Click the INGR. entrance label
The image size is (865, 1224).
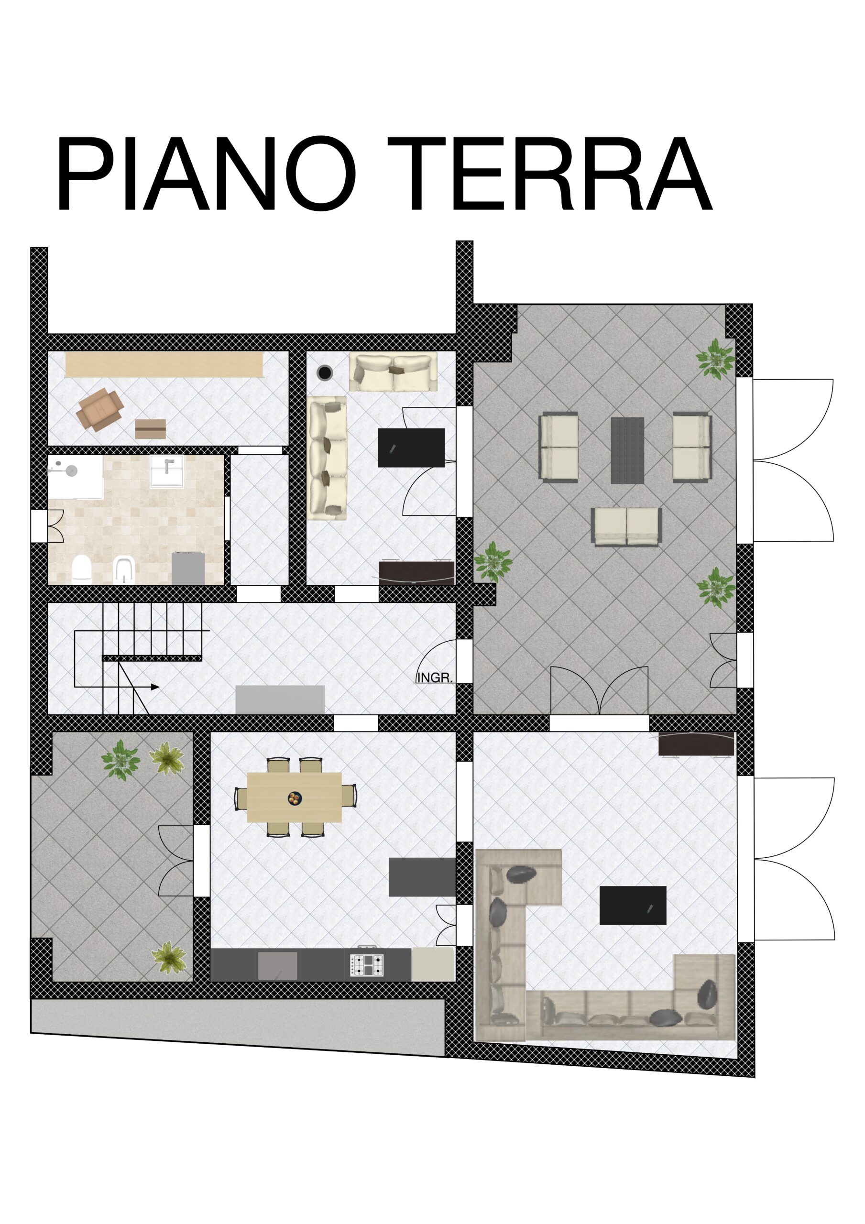tap(435, 678)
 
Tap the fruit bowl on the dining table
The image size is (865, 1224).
tap(295, 798)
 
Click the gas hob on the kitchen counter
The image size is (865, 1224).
tap(367, 965)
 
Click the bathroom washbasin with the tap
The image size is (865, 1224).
tap(167, 471)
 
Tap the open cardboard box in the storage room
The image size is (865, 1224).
tap(100, 409)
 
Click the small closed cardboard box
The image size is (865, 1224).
tap(151, 429)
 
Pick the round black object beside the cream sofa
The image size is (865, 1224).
tap(324, 372)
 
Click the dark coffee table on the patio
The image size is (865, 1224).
tap(627, 450)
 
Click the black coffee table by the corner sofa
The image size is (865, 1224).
tap(633, 905)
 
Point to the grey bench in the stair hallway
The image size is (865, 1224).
tap(280, 699)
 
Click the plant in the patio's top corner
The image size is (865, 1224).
tap(716, 359)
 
